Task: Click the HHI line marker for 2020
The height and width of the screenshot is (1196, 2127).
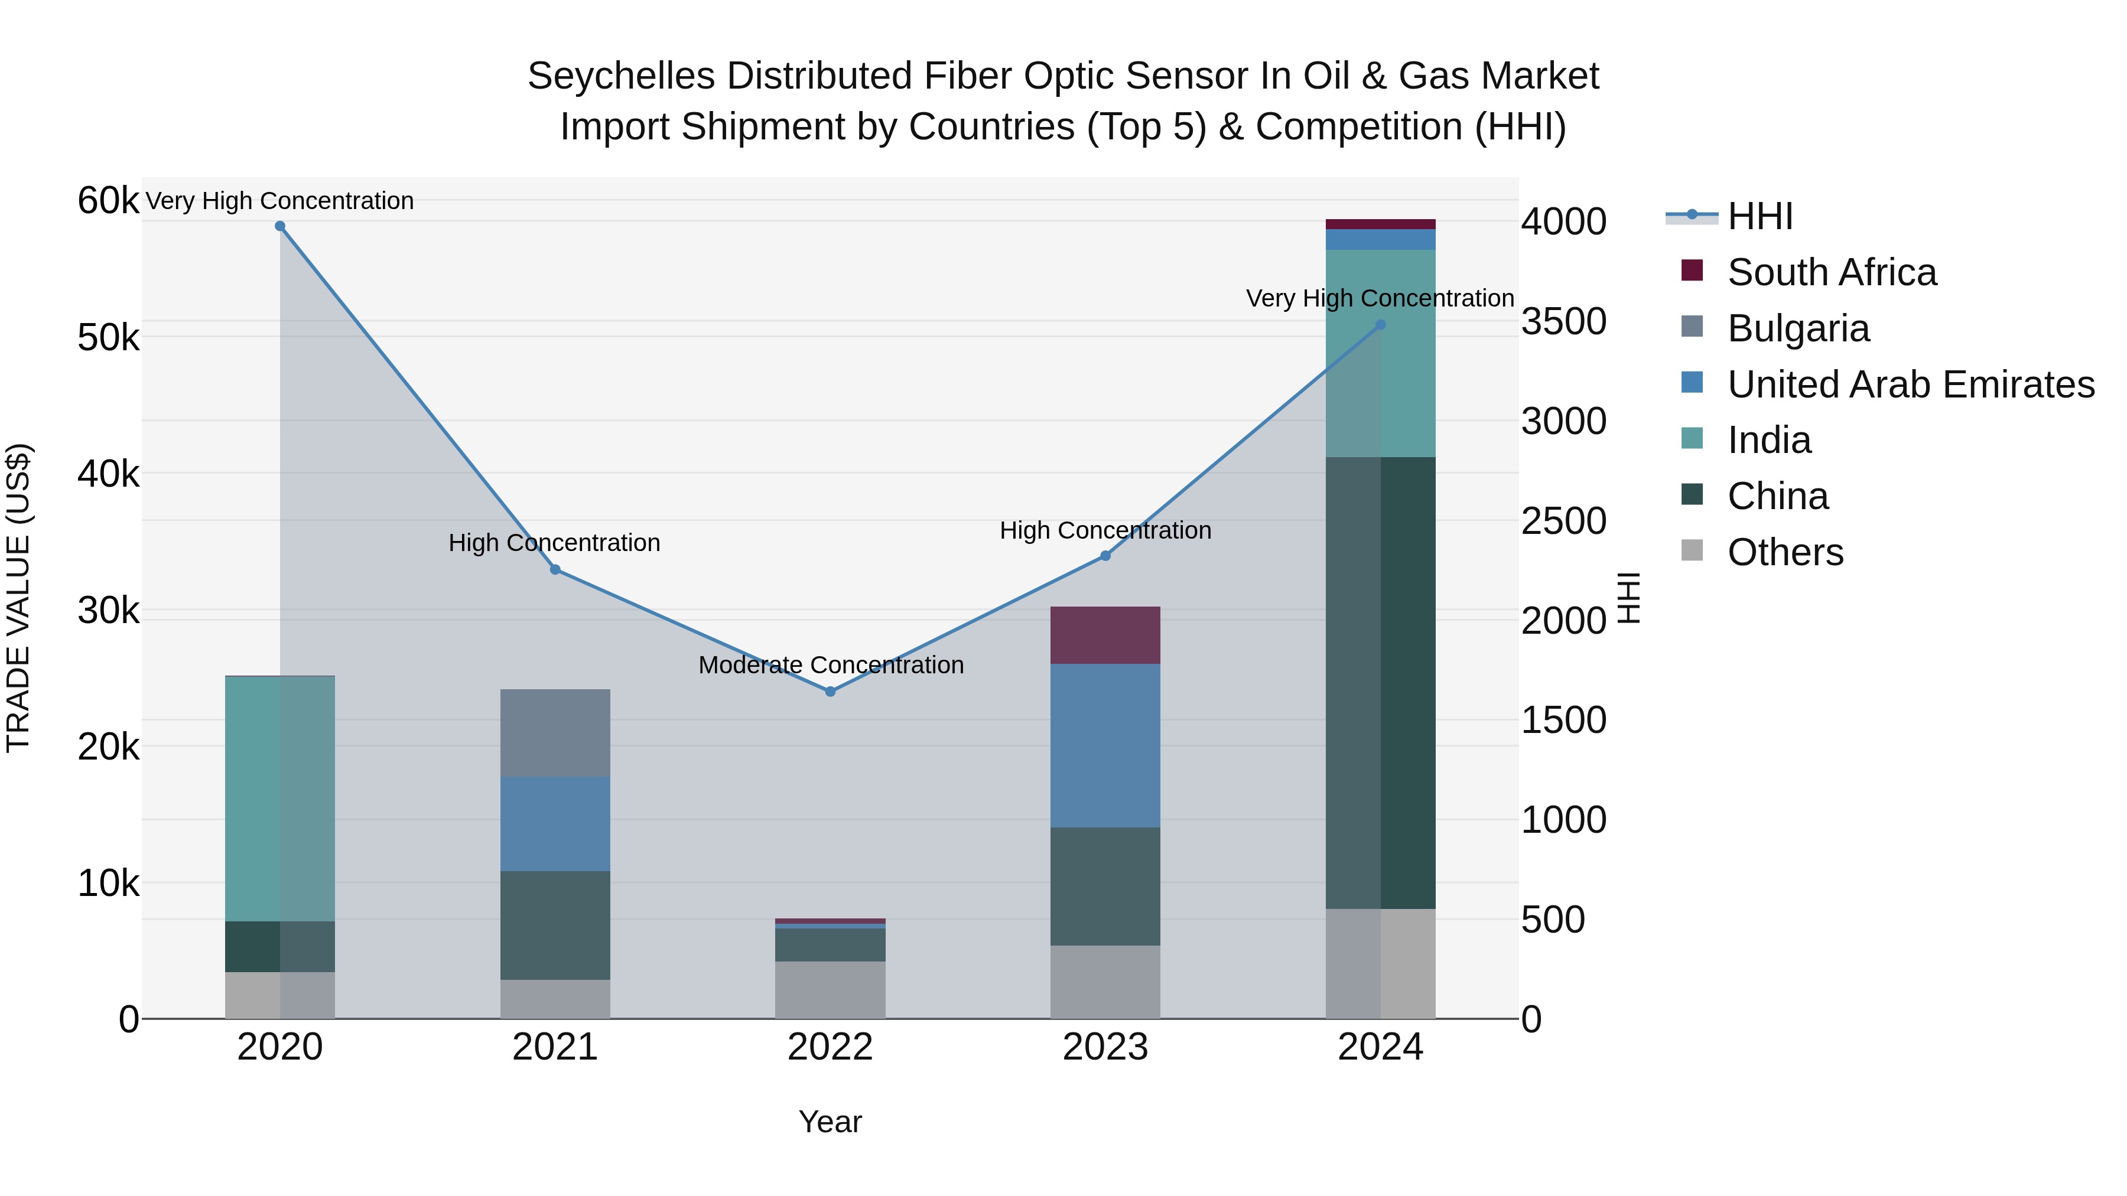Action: click(280, 226)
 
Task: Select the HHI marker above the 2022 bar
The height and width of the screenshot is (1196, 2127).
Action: click(831, 692)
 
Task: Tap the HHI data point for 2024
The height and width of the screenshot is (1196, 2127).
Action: click(1381, 325)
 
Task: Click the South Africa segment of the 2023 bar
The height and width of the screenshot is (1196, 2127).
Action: click(1105, 636)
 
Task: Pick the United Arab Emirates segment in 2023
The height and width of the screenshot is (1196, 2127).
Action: click(1105, 745)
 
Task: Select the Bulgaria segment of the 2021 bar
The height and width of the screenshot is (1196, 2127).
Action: click(555, 733)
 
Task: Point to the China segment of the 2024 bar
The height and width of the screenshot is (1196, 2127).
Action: click(1381, 683)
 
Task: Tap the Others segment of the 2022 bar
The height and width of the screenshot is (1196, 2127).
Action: click(830, 990)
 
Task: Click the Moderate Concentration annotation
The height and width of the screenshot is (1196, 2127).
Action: click(831, 665)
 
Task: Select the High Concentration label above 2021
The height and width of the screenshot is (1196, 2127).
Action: click(554, 543)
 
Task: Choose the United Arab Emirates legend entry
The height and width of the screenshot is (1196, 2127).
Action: click(1911, 384)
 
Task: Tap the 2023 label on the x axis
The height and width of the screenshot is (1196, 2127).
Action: click(1105, 1047)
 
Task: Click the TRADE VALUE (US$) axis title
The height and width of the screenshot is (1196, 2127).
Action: click(18, 598)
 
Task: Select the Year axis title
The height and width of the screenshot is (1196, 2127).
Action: click(830, 1122)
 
